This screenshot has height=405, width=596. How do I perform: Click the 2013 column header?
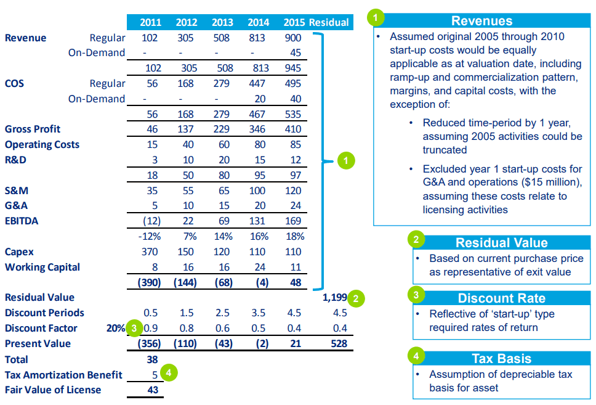tap(222, 22)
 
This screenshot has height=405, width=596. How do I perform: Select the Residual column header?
tap(329, 22)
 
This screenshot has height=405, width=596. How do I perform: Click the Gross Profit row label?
tap(33, 129)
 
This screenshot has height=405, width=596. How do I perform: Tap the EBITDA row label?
tap(22, 221)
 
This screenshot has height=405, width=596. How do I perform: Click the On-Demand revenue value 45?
tap(296, 53)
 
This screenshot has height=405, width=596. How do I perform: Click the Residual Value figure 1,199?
tap(335, 298)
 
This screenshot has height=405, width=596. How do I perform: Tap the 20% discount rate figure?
tap(116, 328)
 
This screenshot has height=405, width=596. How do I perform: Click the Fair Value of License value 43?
tap(153, 390)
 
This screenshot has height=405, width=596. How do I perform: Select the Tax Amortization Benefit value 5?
tap(155, 374)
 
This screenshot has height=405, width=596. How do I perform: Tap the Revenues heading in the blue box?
tap(481, 21)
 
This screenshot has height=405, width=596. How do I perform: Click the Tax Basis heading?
tap(501, 359)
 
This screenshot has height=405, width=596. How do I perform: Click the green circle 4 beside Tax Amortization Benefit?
tap(169, 372)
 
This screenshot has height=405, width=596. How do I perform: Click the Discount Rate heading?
tap(501, 298)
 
